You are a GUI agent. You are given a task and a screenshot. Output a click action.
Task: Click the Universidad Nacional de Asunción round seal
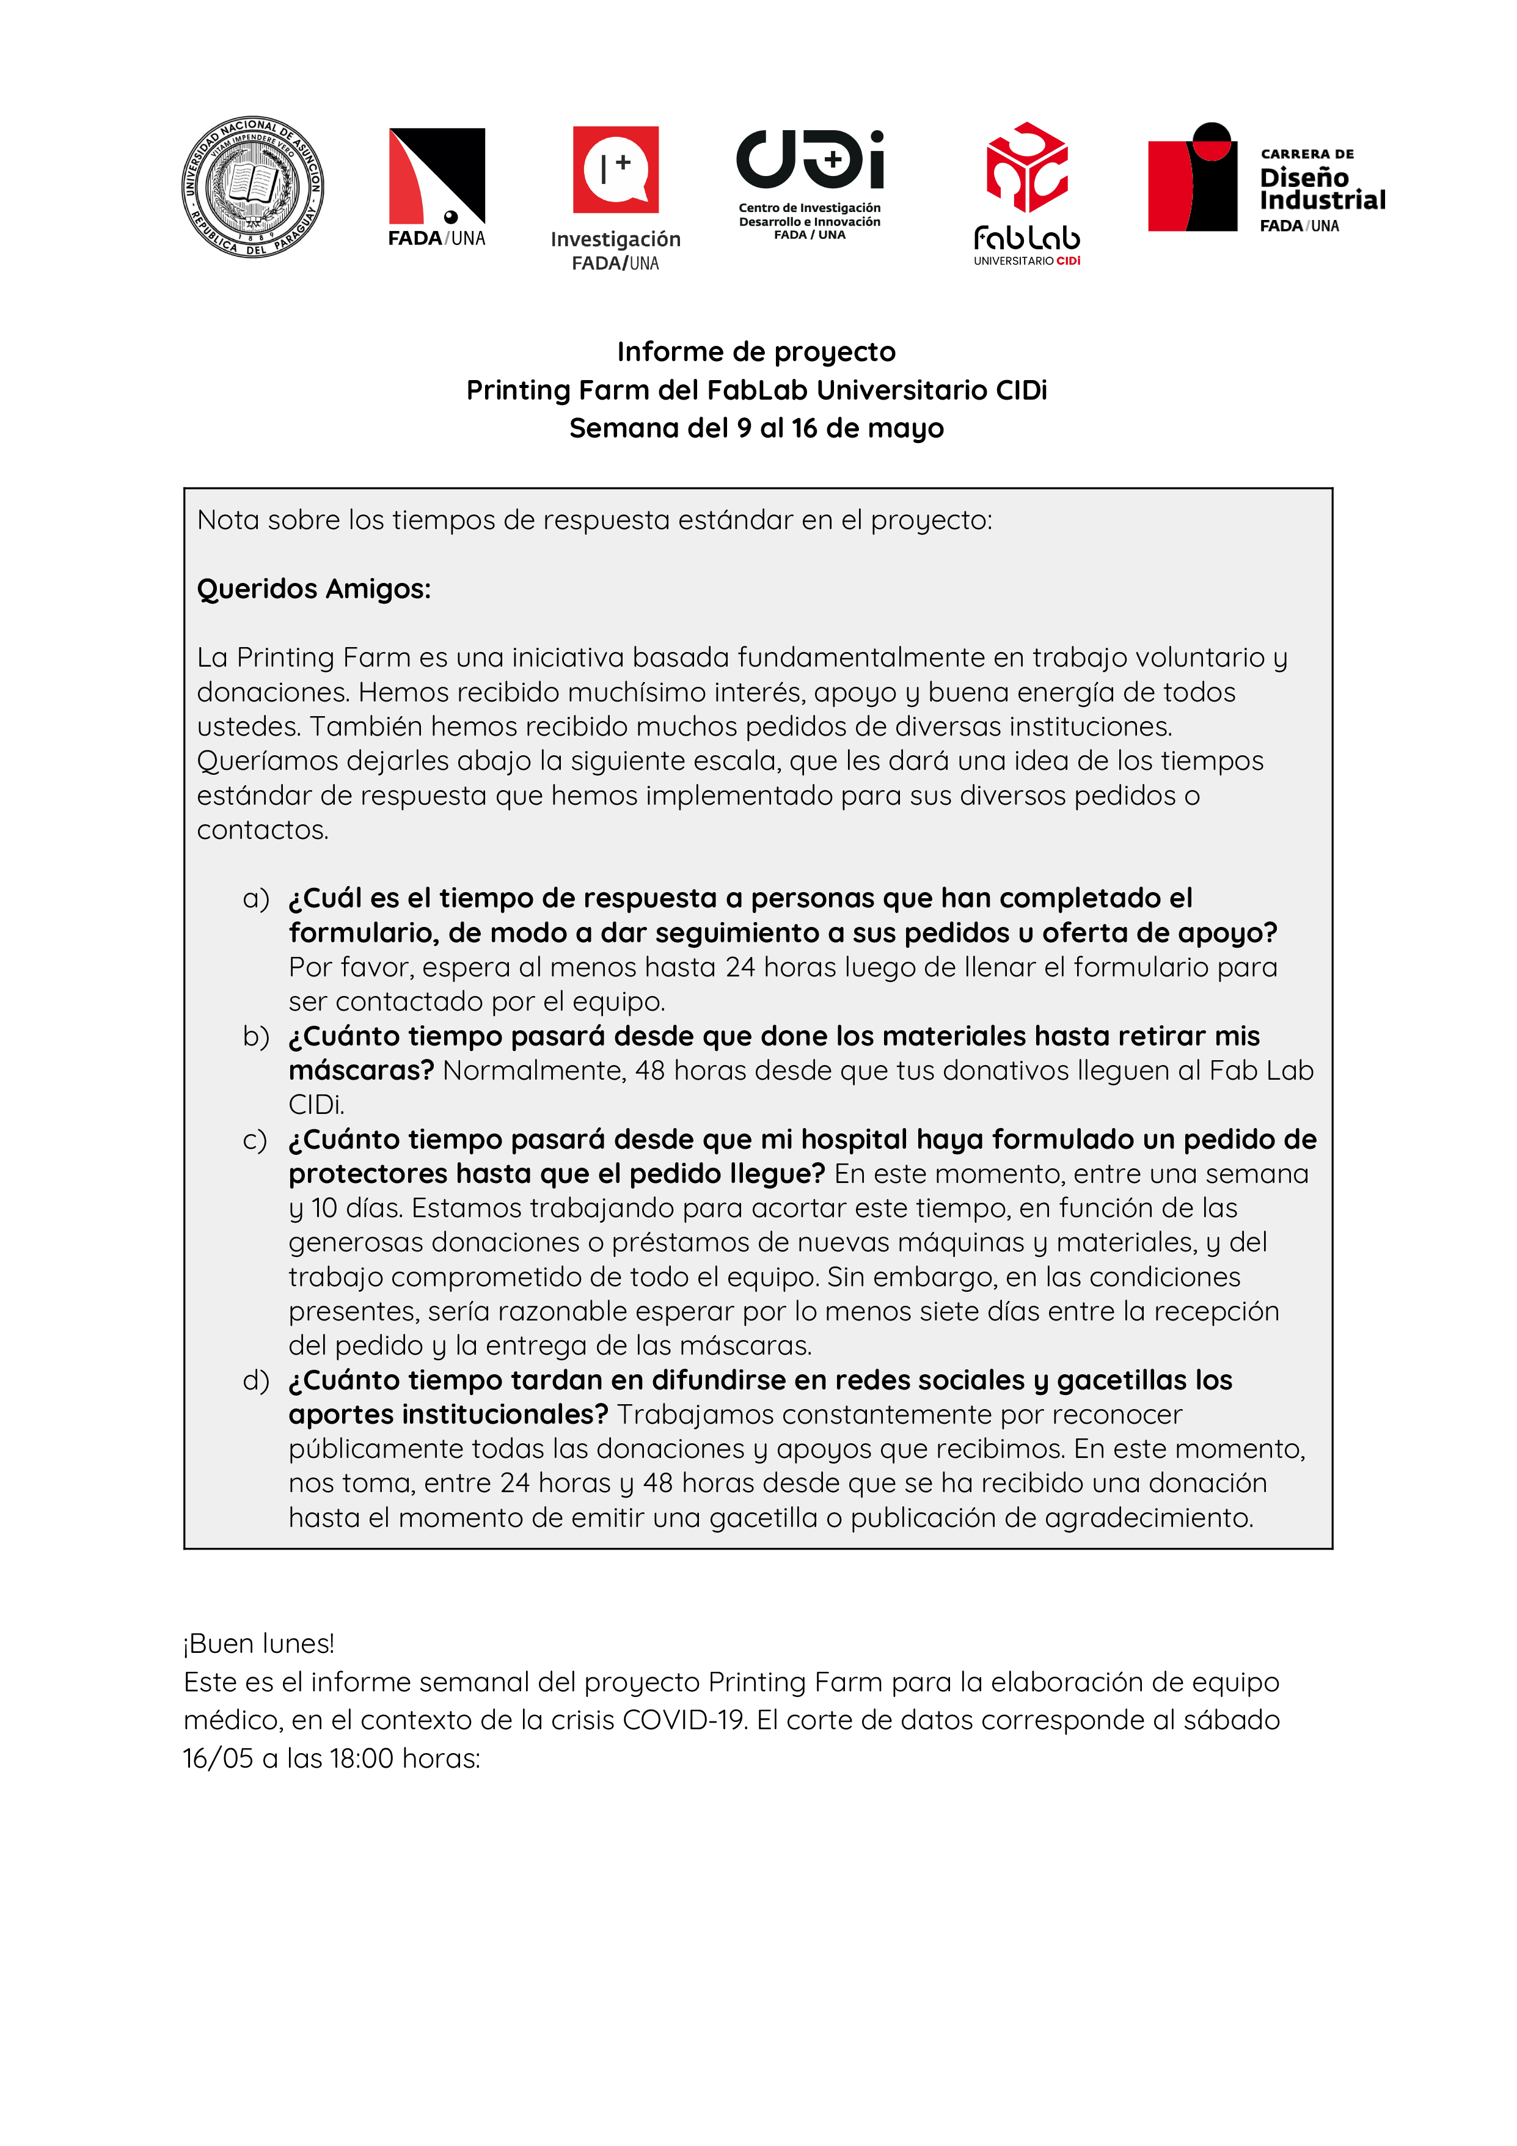click(252, 187)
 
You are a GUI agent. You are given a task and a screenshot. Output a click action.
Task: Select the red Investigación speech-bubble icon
click(615, 169)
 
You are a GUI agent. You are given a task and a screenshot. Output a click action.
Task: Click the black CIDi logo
click(810, 160)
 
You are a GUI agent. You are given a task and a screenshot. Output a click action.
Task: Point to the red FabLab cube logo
click(1026, 168)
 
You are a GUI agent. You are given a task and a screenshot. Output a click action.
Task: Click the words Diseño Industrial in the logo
click(1321, 189)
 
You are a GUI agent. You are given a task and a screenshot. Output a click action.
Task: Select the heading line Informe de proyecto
click(756, 351)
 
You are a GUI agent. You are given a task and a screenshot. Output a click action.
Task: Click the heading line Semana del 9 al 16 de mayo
click(756, 428)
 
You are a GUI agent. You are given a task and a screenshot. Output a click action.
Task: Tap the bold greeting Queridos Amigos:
click(314, 589)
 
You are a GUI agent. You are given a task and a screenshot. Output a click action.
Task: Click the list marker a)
click(255, 898)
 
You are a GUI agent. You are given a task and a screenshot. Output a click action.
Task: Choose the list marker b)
click(255, 1036)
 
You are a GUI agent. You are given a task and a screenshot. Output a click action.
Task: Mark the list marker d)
click(255, 1380)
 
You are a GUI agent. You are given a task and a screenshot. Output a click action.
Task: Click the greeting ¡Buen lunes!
click(259, 1643)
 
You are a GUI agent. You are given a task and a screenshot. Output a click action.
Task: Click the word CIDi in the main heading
click(1021, 390)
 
